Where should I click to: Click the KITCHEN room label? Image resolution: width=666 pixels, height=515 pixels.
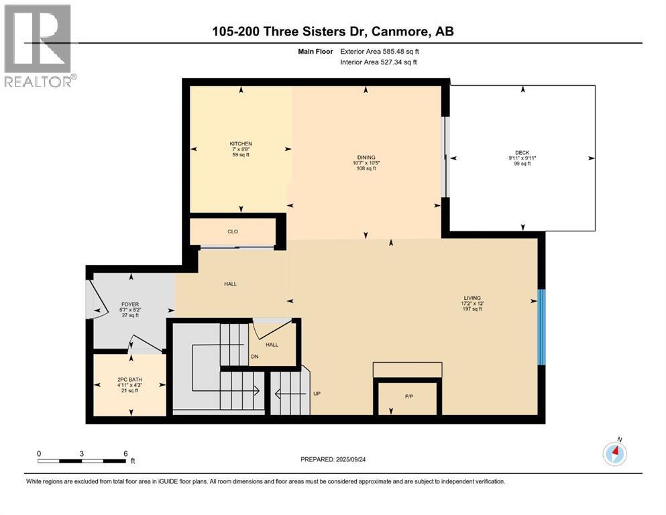[x=241, y=144]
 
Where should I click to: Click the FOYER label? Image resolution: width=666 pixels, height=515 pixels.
[x=129, y=304]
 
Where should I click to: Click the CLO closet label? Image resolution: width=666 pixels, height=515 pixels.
[x=233, y=232]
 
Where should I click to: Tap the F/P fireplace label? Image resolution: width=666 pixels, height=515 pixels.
[x=408, y=396]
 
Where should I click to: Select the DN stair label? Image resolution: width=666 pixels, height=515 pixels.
[x=255, y=357]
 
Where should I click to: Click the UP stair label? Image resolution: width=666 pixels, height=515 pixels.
[x=317, y=394]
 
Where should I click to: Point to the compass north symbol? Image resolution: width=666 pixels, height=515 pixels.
[x=615, y=453]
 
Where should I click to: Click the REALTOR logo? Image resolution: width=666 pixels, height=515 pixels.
[x=39, y=46]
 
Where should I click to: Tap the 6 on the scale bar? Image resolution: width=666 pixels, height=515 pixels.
[x=125, y=453]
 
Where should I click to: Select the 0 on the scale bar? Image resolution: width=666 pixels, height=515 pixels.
[x=39, y=453]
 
